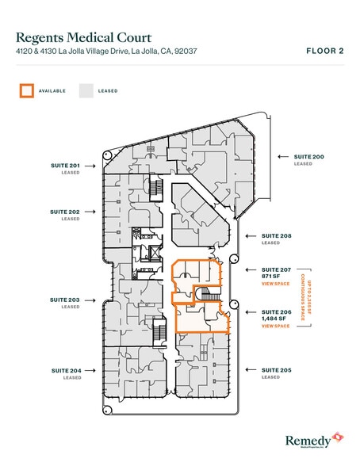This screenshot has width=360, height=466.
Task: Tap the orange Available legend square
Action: tap(27, 90)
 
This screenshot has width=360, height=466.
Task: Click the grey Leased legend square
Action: tap(86, 90)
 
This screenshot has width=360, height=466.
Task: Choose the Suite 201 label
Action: tap(65, 166)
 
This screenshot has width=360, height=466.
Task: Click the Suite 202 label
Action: tap(65, 212)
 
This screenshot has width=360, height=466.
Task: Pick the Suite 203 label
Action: tap(65, 300)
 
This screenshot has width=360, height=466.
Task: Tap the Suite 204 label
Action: tap(65, 370)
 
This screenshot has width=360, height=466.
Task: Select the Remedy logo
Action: tap(313, 438)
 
